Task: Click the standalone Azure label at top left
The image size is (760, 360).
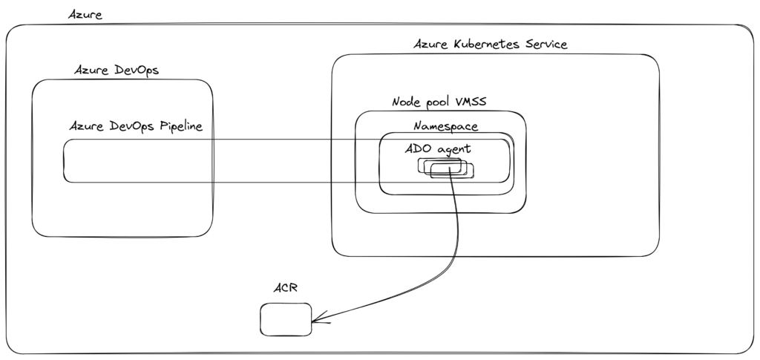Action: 85,14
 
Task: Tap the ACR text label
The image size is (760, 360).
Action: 284,287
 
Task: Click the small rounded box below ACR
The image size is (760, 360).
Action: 285,318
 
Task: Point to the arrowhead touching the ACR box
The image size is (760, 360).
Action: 316,321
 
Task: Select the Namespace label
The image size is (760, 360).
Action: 445,127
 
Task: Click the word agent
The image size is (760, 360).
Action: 453,150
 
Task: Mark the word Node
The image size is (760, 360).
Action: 404,102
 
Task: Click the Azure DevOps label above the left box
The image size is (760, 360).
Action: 117,70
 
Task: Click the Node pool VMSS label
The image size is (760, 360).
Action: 438,102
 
